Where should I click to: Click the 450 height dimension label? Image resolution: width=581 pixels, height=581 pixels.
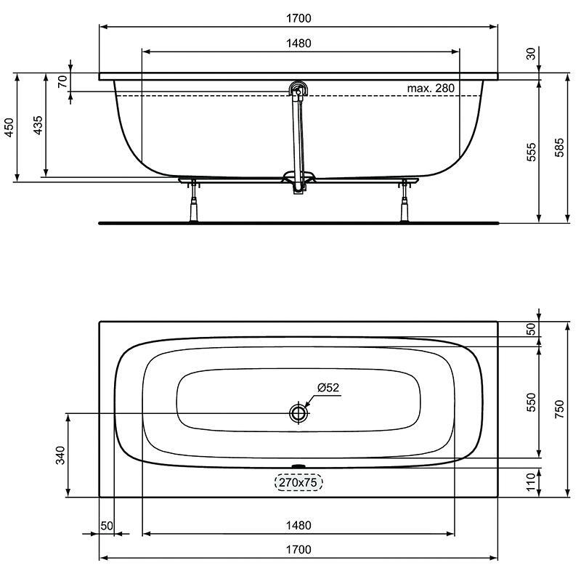tap(9, 127)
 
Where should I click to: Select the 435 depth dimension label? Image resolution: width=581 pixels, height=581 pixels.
tap(38, 125)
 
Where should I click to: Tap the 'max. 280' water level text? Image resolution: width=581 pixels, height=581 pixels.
tap(431, 88)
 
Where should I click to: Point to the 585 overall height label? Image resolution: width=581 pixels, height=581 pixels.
tap(559, 147)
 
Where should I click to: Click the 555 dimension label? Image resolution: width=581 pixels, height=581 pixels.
tap(531, 152)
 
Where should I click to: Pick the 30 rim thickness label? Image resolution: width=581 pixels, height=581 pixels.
tap(532, 54)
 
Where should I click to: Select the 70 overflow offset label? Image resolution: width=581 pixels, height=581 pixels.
tap(63, 81)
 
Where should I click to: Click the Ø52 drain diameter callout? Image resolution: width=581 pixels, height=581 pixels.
tap(328, 388)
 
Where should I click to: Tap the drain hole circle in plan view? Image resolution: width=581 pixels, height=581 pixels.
tap(298, 413)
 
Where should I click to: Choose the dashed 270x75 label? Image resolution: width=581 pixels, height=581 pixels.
tap(298, 482)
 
